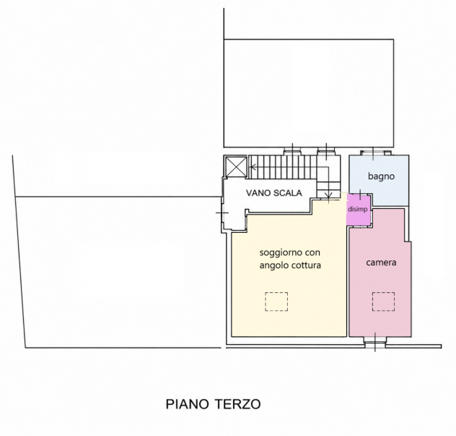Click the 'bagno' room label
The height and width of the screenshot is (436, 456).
[x=381, y=176]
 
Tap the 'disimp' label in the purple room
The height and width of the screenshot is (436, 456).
[x=358, y=209]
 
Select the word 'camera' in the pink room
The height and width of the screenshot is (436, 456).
[x=381, y=262]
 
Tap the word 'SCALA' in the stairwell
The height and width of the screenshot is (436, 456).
[x=288, y=193]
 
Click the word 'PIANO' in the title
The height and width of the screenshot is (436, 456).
[x=188, y=404]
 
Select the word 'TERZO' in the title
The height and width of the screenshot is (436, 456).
[x=238, y=404]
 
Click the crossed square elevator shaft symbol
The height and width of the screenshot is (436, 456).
[x=237, y=167]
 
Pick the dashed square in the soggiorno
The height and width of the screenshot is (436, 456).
[x=276, y=302]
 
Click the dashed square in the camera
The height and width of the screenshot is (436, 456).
[x=384, y=302]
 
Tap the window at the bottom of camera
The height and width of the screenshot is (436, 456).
[x=375, y=342]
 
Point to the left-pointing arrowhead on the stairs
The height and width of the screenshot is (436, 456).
[x=253, y=167]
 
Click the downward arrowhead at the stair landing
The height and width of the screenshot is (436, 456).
[x=328, y=195]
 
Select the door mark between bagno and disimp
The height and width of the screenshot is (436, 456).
[x=361, y=195]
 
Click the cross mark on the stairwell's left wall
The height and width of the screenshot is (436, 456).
[x=222, y=213]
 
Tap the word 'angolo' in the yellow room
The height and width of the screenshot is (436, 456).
[x=273, y=266]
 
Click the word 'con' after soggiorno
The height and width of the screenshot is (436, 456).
[x=313, y=252]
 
